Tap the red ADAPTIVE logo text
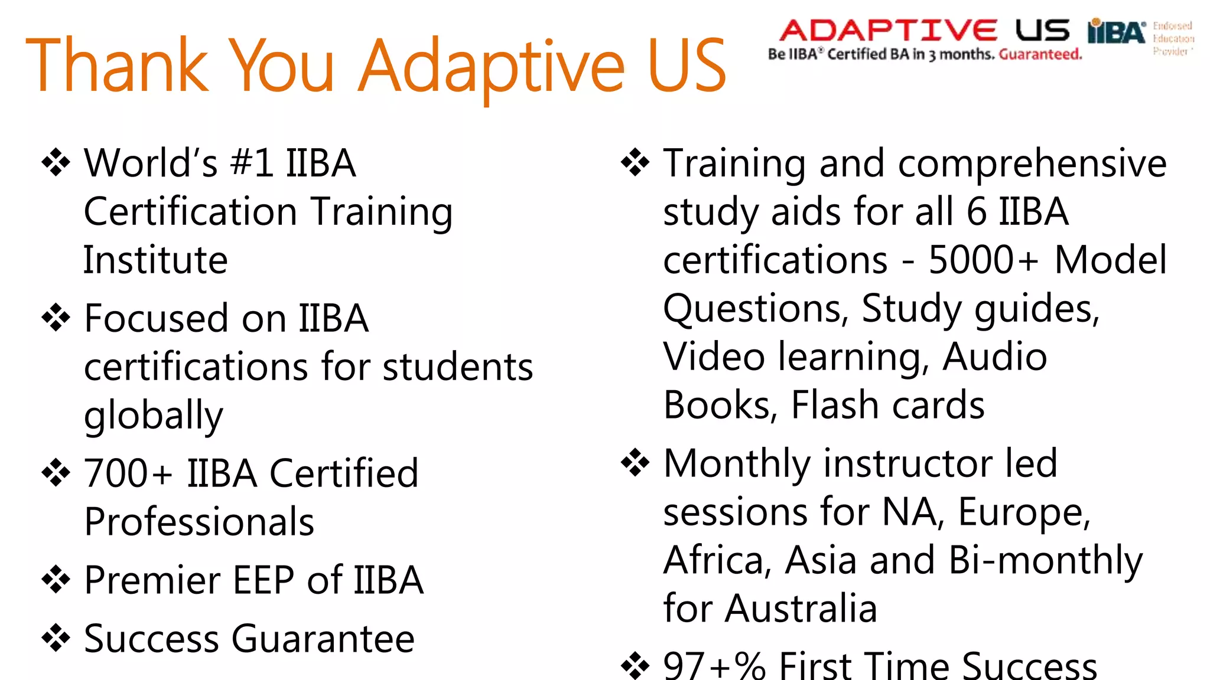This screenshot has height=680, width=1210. tap(888, 31)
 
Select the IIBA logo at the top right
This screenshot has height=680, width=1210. tap(1116, 32)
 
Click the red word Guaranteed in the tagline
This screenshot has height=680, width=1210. tap(1040, 55)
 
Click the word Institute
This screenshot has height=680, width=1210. tap(155, 260)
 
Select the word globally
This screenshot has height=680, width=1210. tap(154, 416)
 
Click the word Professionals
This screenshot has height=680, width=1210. tap(199, 522)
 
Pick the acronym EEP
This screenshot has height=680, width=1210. tap(264, 580)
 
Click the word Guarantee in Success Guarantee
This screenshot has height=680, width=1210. tap(323, 639)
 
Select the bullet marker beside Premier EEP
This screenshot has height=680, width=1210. tap(56, 579)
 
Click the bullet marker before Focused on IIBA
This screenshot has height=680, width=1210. tap(56, 318)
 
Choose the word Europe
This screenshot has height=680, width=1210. tap(1024, 511)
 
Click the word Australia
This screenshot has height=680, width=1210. tap(801, 608)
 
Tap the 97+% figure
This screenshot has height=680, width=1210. tap(714, 666)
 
